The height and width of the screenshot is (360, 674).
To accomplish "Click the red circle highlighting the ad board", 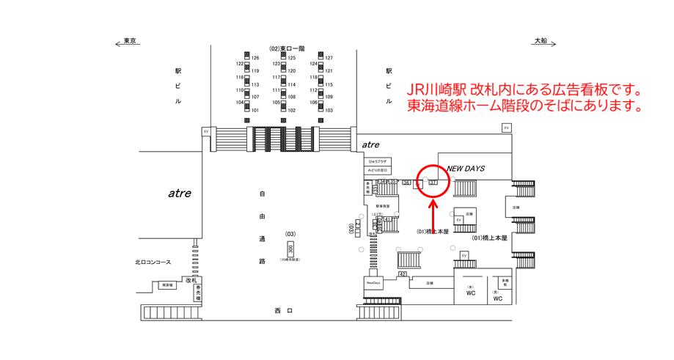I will pos(432,180).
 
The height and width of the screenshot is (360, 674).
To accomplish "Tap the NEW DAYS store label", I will pos(466,169).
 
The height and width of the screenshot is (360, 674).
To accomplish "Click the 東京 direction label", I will pos(131,41).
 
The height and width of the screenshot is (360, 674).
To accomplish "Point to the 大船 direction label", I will pos(541,41).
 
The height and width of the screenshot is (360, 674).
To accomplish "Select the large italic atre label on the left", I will pos(180,194).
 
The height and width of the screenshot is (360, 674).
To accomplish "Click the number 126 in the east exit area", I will pos(256,58).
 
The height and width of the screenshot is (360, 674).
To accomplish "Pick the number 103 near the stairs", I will pos(329,111).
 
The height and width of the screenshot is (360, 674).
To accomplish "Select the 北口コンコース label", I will pos(153,262).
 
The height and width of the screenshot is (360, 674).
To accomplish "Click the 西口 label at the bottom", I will pos(284,311).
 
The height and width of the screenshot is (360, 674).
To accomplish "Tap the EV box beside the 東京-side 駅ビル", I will pos(206,131).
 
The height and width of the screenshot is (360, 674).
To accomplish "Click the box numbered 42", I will pos(403,273).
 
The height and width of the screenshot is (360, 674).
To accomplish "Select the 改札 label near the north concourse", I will pos(191,279).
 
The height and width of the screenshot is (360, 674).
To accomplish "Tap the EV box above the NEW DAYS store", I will pos(506,128).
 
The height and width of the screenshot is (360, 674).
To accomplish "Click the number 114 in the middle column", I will pos(291,84).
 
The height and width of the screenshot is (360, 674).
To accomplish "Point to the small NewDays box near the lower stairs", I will pos(373,283).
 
